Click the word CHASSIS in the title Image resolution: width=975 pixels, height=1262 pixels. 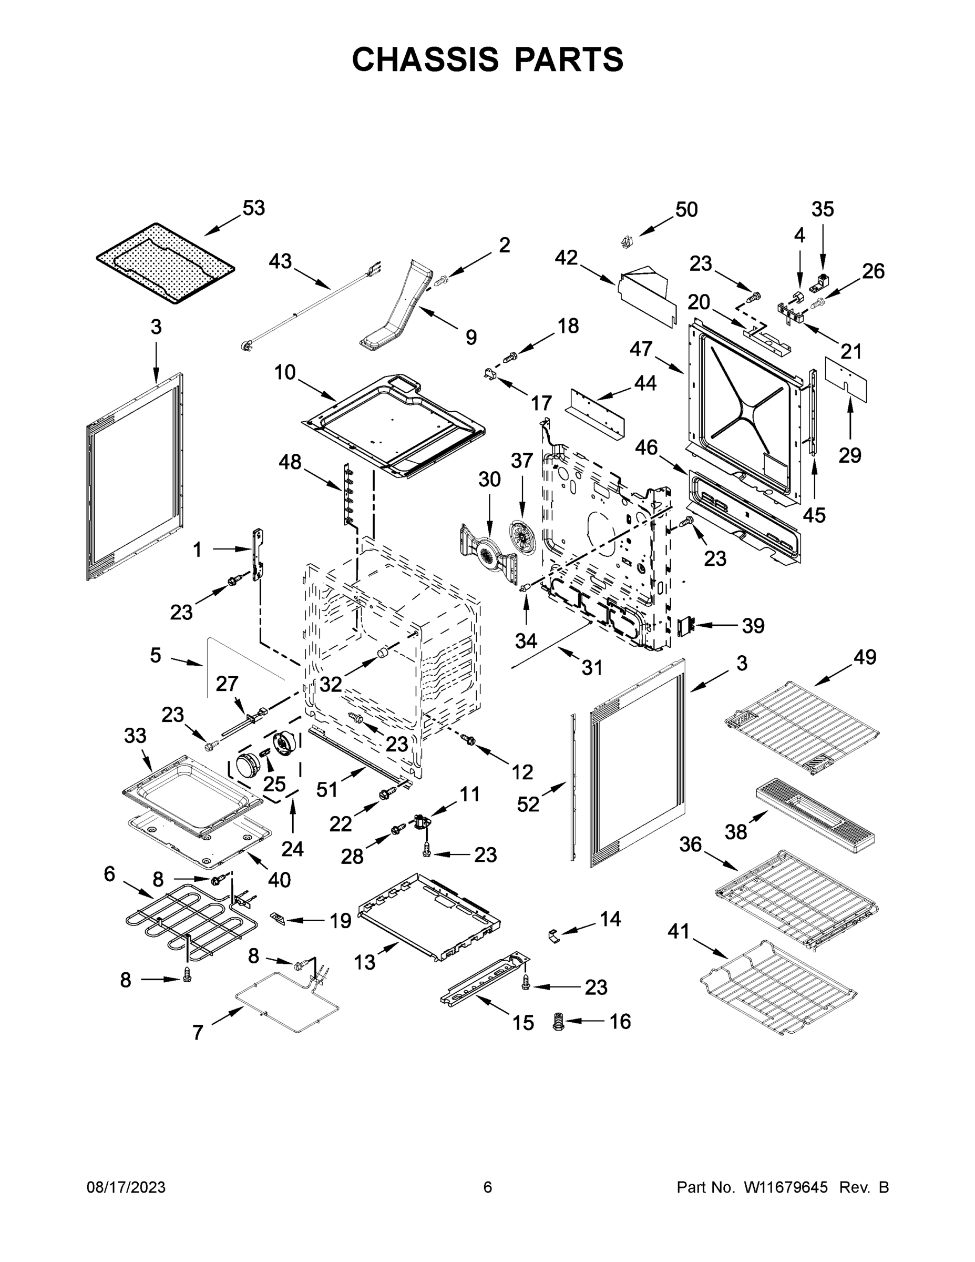(x=425, y=59)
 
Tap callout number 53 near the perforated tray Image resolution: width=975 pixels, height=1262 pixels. (x=253, y=208)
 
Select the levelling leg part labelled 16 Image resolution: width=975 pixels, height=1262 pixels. (x=558, y=1022)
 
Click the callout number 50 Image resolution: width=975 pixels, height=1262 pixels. (x=686, y=209)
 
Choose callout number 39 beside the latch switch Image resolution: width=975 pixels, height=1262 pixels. (x=753, y=625)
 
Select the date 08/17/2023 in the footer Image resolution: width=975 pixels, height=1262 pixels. (x=126, y=1187)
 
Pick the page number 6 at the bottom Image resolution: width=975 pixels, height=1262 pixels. (x=488, y=1187)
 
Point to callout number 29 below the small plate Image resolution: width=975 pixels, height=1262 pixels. (x=850, y=455)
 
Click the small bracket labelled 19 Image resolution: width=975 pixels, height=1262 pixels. (x=278, y=918)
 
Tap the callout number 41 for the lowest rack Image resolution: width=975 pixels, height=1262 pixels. (x=679, y=931)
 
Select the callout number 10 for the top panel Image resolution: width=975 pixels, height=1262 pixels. (x=285, y=372)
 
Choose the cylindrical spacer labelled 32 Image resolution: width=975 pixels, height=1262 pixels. (x=381, y=654)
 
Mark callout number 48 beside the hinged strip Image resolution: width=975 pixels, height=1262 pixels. (x=290, y=462)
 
